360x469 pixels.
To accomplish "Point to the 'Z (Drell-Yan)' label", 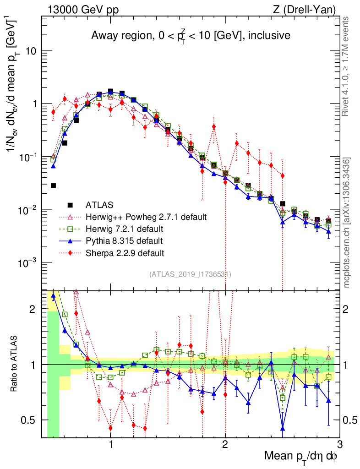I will [310, 9].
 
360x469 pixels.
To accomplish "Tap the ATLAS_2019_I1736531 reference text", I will [190, 274].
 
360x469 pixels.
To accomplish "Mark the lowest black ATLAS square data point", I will [53, 185].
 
